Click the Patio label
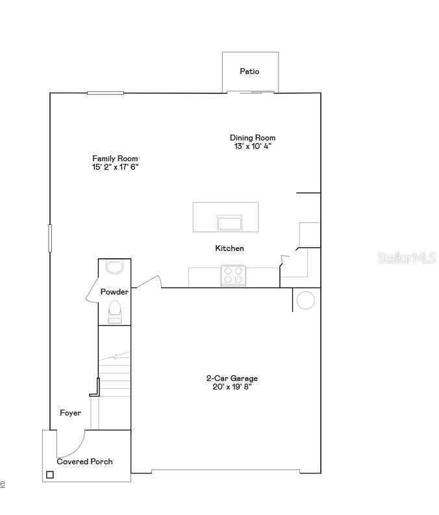(x=249, y=72)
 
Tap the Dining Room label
(x=253, y=138)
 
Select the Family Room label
(x=115, y=159)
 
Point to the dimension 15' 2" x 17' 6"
(x=115, y=167)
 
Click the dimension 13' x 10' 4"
(x=253, y=146)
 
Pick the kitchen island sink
(x=229, y=223)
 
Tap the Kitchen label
(x=229, y=248)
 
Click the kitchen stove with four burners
(x=233, y=276)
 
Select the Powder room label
(x=114, y=292)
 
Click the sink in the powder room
(x=114, y=267)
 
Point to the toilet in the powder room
(x=114, y=311)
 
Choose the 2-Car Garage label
(x=232, y=378)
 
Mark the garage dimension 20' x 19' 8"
(x=232, y=387)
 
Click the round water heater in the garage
(x=305, y=300)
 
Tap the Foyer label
(x=70, y=413)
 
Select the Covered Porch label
(x=84, y=462)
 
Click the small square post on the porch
(x=50, y=475)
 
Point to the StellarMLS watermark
(x=407, y=258)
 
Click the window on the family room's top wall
(x=105, y=93)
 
